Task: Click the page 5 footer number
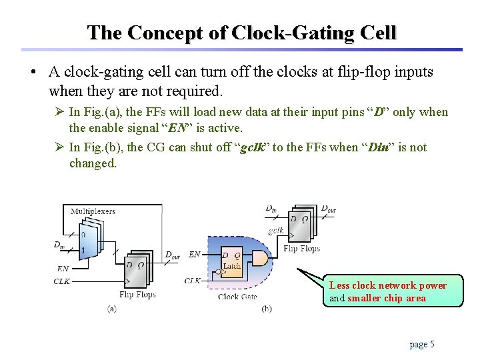422,344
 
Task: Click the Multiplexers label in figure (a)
93,211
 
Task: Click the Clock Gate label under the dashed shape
237,297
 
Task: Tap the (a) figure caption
112,309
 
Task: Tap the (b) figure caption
266,309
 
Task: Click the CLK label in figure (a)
61,281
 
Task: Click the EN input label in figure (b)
194,254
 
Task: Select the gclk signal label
276,230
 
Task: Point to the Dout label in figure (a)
172,255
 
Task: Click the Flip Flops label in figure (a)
137,294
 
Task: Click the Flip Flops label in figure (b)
301,249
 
